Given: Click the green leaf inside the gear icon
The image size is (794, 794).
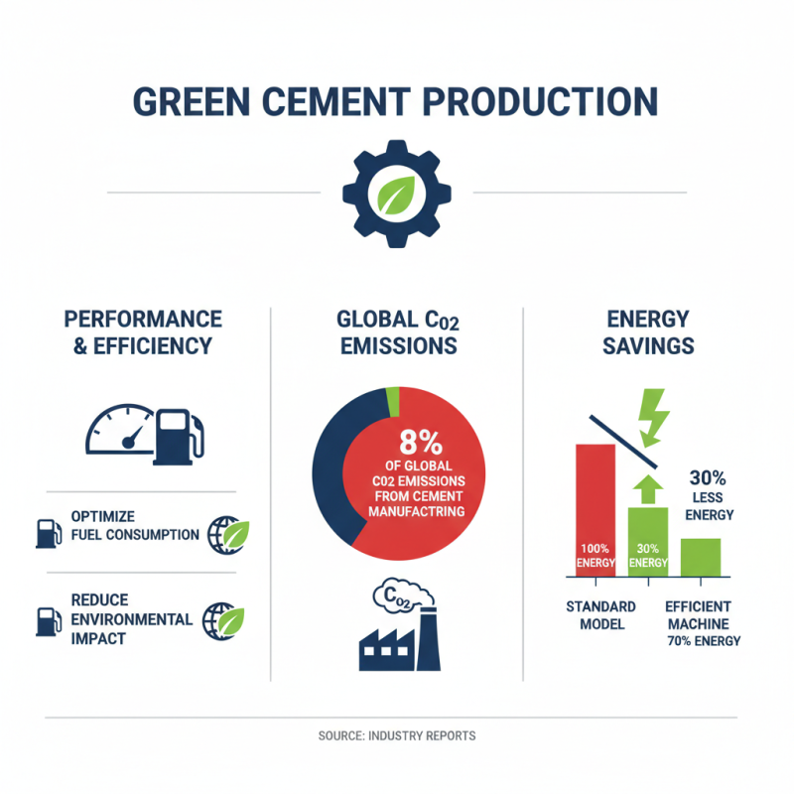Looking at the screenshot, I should click(x=396, y=194).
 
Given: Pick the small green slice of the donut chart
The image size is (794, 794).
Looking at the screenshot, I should click(x=393, y=401).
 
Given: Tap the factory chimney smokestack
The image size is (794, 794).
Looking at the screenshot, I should click(x=429, y=640).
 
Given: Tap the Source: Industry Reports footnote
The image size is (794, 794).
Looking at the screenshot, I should click(x=397, y=735).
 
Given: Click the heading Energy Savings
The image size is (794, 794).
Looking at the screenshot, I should click(x=647, y=333).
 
